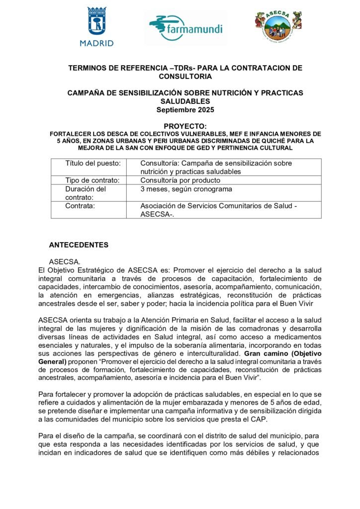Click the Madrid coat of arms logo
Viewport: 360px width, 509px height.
click(96, 22)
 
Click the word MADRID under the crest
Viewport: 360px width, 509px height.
click(96, 43)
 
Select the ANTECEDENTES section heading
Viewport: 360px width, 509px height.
click(79, 245)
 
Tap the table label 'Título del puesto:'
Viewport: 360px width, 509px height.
click(93, 163)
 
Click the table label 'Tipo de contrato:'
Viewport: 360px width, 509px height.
click(92, 180)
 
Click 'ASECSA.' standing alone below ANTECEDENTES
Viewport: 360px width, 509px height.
click(62, 261)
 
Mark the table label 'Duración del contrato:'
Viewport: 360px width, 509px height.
click(86, 193)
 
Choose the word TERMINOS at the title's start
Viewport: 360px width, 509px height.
click(88, 68)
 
